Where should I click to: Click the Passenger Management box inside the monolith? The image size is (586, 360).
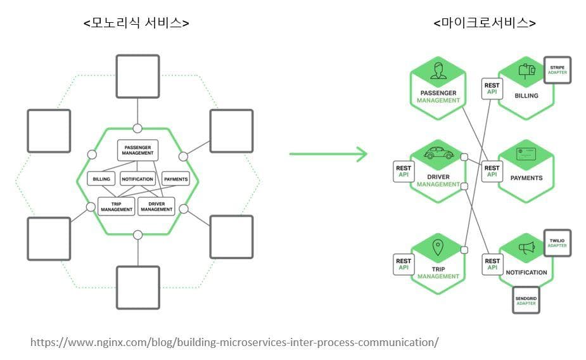[137, 150]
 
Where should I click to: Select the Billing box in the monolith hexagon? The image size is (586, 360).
[101, 179]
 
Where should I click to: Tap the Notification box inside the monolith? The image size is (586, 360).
[137, 179]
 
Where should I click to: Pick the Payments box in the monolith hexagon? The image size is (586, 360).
[175, 179]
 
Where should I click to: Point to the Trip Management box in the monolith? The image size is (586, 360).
[116, 207]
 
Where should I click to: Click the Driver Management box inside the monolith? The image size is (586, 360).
[156, 207]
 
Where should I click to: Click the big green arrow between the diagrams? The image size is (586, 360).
[328, 153]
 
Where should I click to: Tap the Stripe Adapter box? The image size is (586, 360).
[557, 70]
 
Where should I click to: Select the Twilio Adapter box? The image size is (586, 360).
[557, 243]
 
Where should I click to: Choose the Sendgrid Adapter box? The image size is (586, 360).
[526, 300]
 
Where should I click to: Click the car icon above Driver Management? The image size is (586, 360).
[439, 153]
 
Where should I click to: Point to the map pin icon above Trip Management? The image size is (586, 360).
[438, 247]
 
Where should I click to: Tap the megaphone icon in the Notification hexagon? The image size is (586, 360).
[526, 247]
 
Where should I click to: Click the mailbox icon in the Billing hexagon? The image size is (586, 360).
[526, 70]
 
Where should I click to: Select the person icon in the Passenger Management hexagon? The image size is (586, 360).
[438, 70]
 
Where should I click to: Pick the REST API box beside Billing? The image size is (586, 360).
[492, 89]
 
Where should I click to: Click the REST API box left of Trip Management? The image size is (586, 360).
[404, 264]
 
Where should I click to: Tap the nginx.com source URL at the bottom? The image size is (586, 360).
[234, 342]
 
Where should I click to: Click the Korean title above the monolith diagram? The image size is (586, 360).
[136, 23]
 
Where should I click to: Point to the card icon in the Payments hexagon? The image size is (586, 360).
[526, 153]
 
